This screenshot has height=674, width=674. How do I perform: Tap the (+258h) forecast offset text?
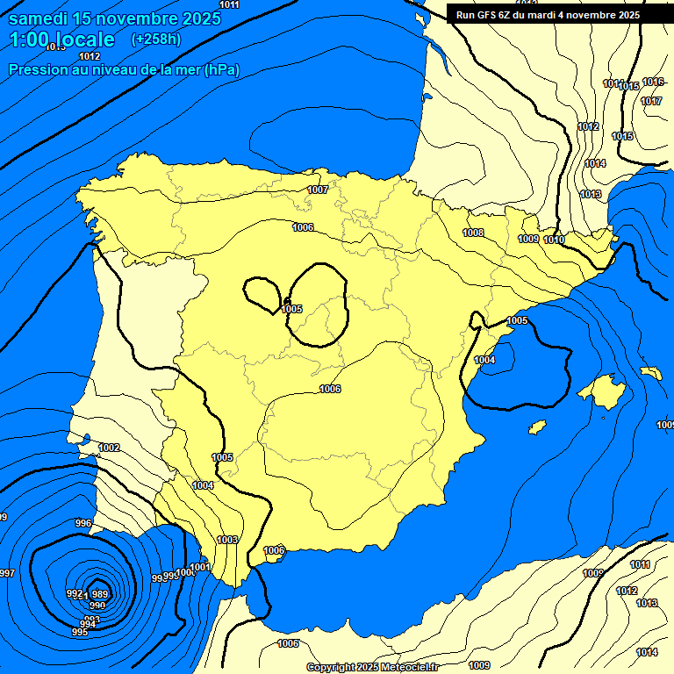pos(155,39)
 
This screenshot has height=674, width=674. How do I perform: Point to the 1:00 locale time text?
pos(61,39)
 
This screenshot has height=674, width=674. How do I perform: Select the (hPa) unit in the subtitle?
pos(221,69)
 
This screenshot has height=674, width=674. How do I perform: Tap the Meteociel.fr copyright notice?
pos(372,667)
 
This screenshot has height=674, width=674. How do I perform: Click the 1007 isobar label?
pos(318,190)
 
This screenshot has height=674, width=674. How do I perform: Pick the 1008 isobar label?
pos(473,233)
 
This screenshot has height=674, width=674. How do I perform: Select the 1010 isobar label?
pos(554,240)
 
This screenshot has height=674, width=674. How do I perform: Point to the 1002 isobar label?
pos(109,448)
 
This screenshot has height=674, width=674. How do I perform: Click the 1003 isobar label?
pos(227,540)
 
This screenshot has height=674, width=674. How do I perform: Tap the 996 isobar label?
pos(83,523)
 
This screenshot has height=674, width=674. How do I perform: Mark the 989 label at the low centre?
pos(99,594)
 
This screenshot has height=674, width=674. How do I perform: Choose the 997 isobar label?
pos(7,573)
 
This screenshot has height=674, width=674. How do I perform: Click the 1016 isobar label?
pos(652,82)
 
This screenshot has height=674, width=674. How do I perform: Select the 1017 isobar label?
pos(650,101)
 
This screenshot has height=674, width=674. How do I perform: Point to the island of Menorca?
pos(650,372)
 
